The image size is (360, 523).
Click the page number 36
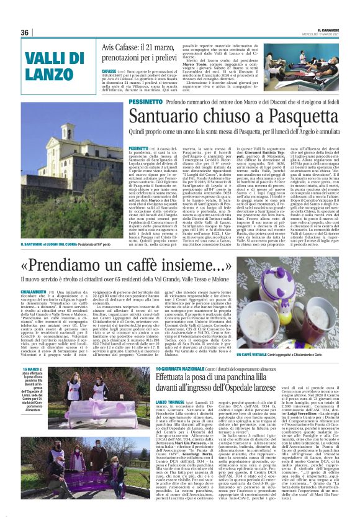pyautogui.click(x=25, y=32)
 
